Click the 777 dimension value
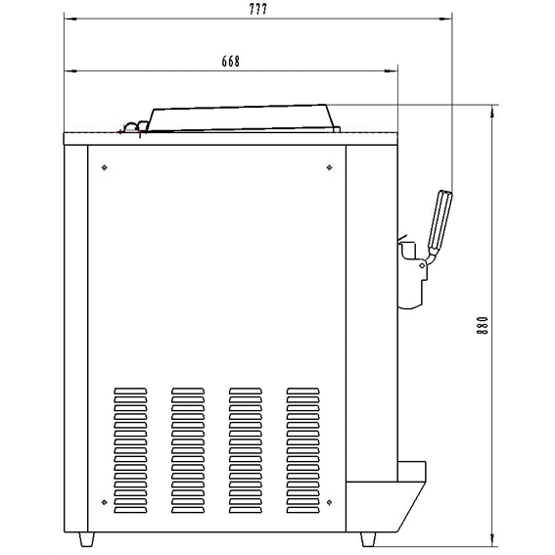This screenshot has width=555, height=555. coord(258,9)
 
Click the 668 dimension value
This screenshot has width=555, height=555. coord(231,62)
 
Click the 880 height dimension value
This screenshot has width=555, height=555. coord(483,325)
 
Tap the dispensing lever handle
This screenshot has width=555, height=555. coord(439,220)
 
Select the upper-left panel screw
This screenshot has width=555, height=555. coord(104,167)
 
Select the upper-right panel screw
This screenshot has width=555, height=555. coord(329,167)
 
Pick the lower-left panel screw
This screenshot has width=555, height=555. coord(104,502)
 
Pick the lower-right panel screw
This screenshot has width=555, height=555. coord(329,502)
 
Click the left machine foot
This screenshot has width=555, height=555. coord(86,539)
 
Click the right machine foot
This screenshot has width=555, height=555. coord(368,539)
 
